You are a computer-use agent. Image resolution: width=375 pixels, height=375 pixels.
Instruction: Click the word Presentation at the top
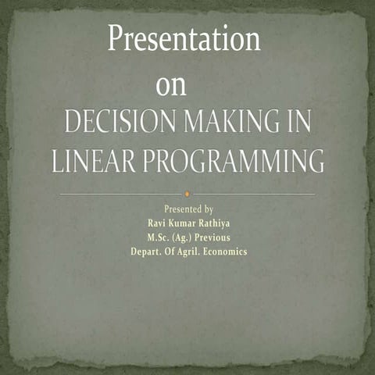click(184, 38)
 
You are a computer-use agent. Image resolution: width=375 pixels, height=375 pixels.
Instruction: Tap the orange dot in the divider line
click(187, 193)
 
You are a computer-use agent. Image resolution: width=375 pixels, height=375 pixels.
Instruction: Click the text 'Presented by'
click(188, 209)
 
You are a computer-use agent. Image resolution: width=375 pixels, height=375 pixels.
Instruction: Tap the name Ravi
click(148, 223)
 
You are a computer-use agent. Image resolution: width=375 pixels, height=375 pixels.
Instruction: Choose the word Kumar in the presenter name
click(181, 223)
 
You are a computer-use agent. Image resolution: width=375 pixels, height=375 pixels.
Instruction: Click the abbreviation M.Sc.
click(159, 237)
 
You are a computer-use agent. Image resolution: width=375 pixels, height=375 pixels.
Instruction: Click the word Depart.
click(148, 252)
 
